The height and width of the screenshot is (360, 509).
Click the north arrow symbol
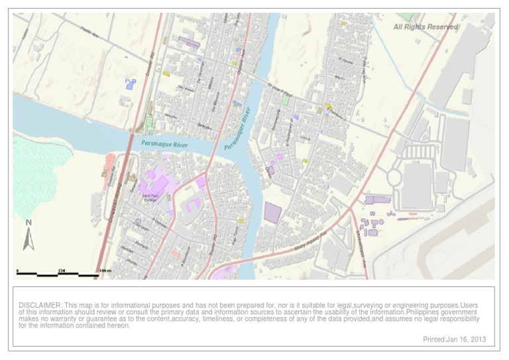[x=28, y=236]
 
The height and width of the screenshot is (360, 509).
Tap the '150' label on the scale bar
[x=61, y=270]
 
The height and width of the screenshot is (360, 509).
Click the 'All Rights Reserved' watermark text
[x=425, y=27]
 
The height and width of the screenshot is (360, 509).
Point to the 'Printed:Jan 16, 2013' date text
[x=454, y=339]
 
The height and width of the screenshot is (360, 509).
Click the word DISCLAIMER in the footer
[x=40, y=305]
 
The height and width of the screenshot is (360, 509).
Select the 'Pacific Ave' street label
[x=89, y=30]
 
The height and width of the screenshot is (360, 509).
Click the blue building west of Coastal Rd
[x=131, y=84]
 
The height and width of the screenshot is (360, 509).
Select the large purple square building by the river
[x=272, y=212]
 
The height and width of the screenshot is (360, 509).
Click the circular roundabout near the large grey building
[x=394, y=178]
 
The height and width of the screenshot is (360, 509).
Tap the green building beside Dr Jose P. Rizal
[x=286, y=101]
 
